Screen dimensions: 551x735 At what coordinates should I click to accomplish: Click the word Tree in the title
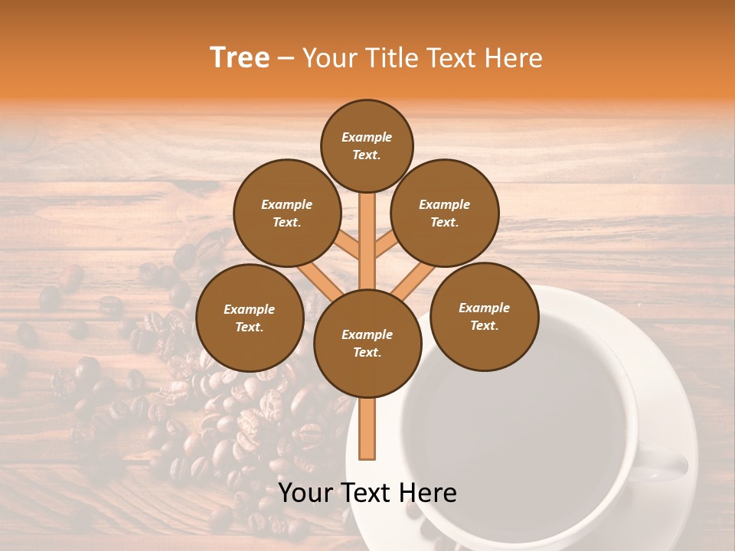240,58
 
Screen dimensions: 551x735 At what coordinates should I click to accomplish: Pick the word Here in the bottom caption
427,493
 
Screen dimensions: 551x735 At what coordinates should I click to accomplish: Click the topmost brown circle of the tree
367,145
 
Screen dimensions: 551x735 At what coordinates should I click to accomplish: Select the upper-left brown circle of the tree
286,213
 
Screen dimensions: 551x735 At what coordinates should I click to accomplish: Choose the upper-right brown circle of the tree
444,213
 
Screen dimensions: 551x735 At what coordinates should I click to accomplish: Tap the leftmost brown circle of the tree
250,318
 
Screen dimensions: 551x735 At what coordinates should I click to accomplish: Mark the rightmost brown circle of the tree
484,316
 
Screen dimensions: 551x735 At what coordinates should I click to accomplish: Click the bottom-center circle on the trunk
367,343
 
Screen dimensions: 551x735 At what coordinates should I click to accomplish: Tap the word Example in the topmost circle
367,137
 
